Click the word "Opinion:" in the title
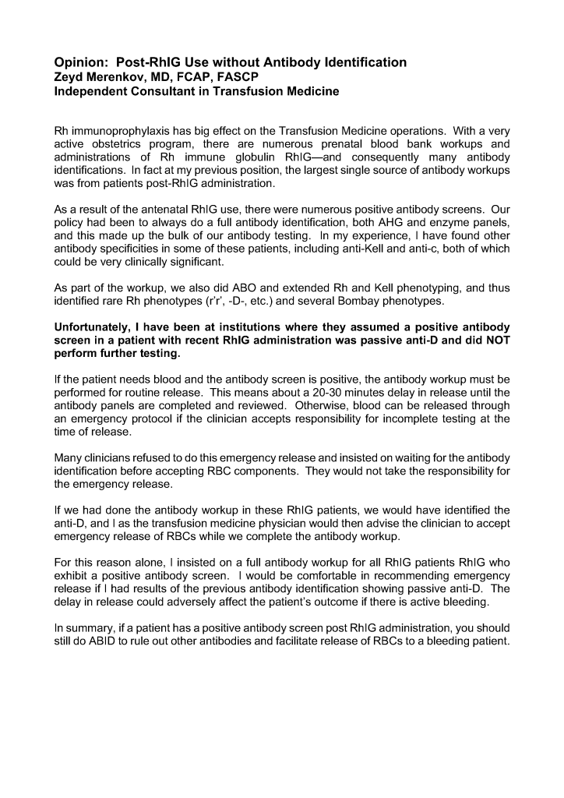tap(81, 62)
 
